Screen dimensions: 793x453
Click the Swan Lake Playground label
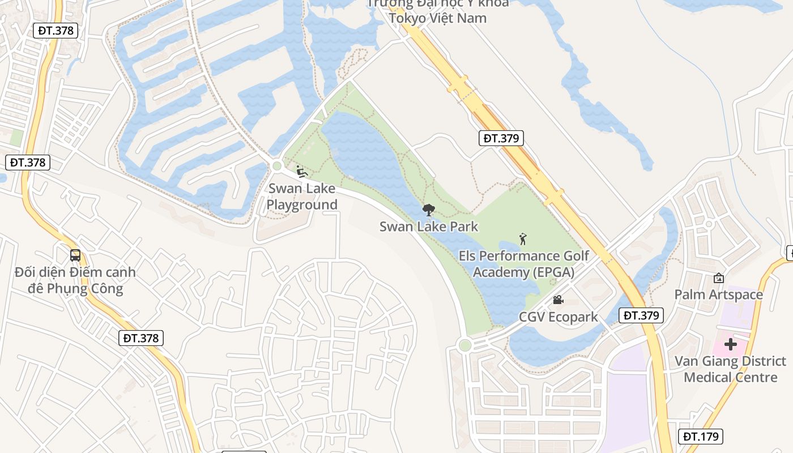(301, 196)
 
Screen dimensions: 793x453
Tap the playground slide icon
(302, 170)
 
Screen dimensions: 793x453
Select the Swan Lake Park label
(429, 227)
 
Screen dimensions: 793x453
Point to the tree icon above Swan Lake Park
(429, 210)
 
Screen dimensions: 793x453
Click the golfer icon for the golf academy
(523, 239)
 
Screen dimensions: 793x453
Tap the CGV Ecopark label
(558, 317)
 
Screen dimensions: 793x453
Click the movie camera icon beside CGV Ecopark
(558, 300)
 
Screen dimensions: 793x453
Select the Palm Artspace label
(718, 294)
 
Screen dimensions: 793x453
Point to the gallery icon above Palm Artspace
(719, 277)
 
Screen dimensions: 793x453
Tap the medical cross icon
(731, 344)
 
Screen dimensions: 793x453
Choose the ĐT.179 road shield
(701, 436)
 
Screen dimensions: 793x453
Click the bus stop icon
(75, 255)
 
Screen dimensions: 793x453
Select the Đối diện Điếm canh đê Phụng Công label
(75, 280)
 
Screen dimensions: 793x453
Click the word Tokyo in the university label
(408, 18)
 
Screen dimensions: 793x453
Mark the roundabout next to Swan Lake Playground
(277, 166)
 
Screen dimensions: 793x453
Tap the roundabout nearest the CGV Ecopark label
(465, 345)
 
